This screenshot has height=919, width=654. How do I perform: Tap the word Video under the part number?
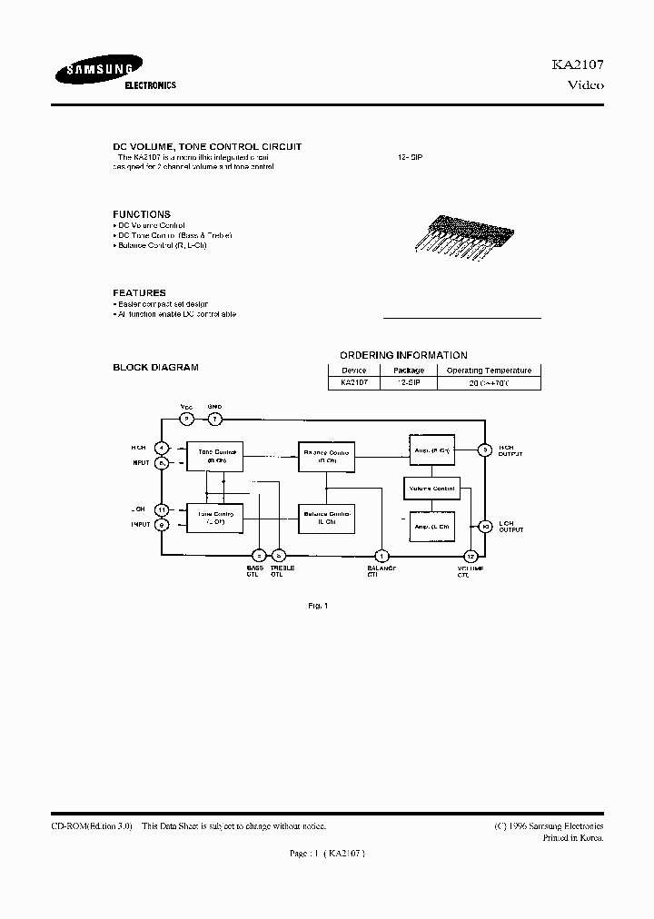pyautogui.click(x=585, y=85)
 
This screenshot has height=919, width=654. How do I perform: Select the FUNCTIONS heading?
pyautogui.click(x=141, y=214)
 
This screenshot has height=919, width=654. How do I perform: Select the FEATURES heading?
pyautogui.click(x=139, y=292)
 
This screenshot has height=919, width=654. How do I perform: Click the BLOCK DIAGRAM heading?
pyautogui.click(x=155, y=367)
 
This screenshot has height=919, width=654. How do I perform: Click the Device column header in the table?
pyautogui.click(x=353, y=371)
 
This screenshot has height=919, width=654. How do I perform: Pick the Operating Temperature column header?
pyautogui.click(x=489, y=371)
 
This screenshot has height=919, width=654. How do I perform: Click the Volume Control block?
pyautogui.click(x=431, y=489)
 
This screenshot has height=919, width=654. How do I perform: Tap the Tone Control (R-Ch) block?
pyautogui.click(x=215, y=455)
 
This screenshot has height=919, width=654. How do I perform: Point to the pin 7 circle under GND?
pyautogui.click(x=214, y=419)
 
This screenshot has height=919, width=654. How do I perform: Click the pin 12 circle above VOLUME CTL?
pyautogui.click(x=471, y=556)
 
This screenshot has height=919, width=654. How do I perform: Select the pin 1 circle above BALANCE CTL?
pyautogui.click(x=382, y=556)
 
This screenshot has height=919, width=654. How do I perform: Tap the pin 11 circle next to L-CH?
pyautogui.click(x=162, y=509)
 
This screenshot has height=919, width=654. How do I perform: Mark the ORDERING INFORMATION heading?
pyautogui.click(x=403, y=355)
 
